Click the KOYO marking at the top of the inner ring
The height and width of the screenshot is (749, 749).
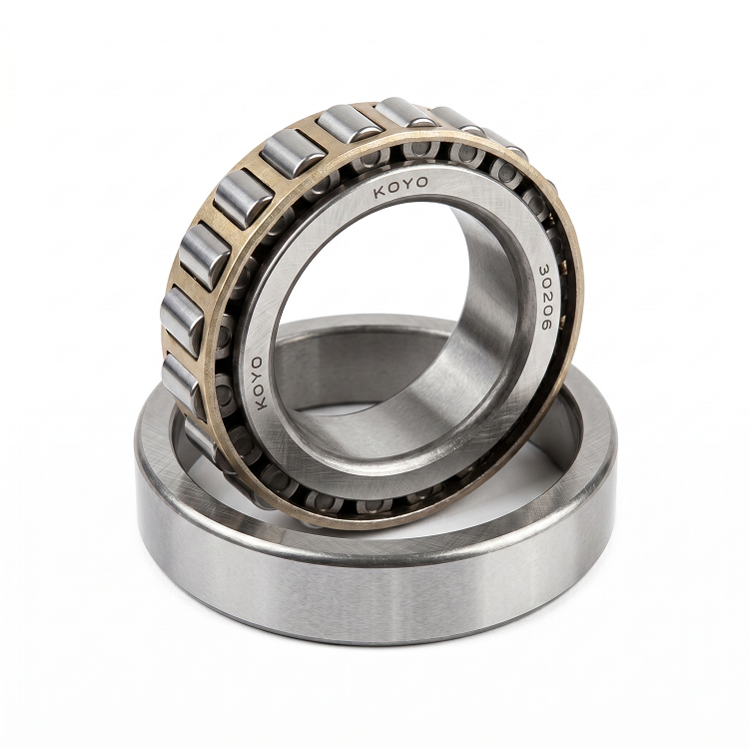click(400, 188)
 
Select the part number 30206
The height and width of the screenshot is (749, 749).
click(544, 297)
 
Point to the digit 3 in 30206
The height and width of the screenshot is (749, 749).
click(543, 270)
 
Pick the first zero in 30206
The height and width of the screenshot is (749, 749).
click(545, 284)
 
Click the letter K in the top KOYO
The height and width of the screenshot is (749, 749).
click(379, 193)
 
